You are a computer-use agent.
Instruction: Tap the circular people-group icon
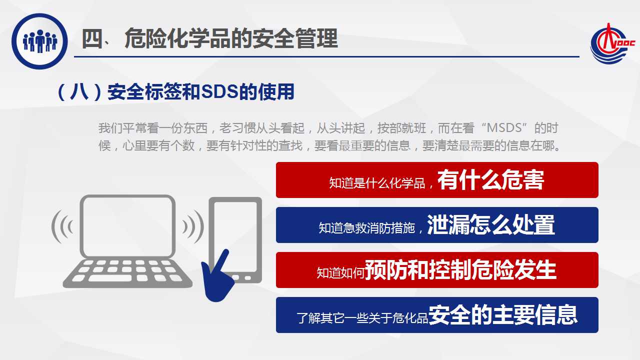39,41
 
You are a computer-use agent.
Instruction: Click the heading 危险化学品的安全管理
231,39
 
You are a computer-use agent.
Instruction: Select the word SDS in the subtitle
219,91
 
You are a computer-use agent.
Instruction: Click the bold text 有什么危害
490,179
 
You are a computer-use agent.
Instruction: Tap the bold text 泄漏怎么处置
491,225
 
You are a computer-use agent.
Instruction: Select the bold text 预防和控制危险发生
460,269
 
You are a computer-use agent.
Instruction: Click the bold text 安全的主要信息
503,315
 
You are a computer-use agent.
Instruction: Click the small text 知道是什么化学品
377,183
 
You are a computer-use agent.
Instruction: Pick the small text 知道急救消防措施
366,228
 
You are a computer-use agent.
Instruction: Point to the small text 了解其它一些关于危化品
362,318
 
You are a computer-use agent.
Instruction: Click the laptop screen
127,226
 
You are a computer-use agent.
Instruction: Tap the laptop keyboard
127,273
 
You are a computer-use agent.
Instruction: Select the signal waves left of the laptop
62,226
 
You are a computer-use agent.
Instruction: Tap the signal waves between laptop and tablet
193,226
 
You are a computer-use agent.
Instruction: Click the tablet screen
235,237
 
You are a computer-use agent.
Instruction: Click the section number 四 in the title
92,39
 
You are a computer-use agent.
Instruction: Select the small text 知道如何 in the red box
340,273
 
